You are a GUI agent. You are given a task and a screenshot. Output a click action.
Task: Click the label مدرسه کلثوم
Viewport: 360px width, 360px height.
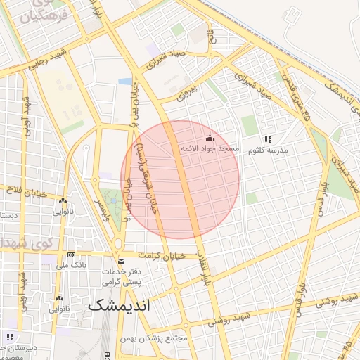click(267, 150)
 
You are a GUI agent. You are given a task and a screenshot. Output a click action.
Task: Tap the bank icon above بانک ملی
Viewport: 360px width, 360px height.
click(70, 255)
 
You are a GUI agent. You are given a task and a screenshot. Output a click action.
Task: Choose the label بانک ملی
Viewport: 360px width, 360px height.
click(70, 265)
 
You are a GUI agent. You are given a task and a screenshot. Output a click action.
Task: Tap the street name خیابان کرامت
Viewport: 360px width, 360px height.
click(161, 255)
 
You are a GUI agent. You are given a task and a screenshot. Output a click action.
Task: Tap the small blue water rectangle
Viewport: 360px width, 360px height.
click(125, 82)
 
